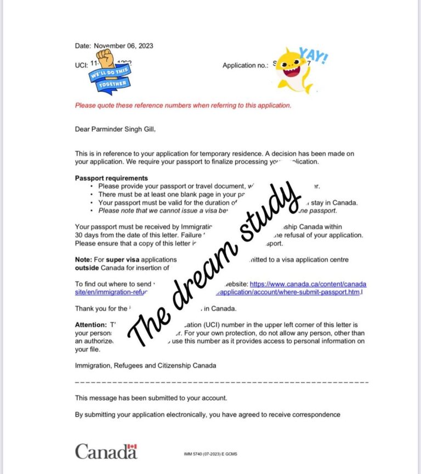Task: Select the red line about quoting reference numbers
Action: tap(183, 105)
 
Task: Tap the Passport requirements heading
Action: tap(111, 178)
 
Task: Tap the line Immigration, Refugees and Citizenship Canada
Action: tap(145, 365)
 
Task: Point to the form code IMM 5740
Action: tap(196, 455)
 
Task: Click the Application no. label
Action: tap(246, 65)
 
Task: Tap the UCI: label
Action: tap(81, 65)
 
